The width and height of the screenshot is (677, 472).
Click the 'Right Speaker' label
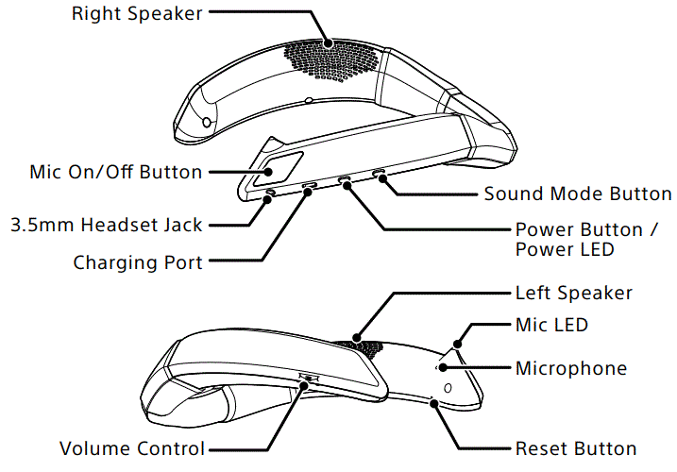[x=138, y=14]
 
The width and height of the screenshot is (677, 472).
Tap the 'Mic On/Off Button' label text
[x=116, y=172]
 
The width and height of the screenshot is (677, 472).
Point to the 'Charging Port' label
[x=138, y=262]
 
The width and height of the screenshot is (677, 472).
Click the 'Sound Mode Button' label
[x=578, y=194]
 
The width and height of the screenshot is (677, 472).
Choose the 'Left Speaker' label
[x=573, y=294]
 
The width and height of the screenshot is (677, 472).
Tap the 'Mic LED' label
[x=551, y=325]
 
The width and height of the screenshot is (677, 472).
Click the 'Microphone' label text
[x=570, y=367]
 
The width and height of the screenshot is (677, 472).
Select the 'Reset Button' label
[x=576, y=448]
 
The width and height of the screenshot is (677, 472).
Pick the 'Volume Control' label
[x=132, y=448]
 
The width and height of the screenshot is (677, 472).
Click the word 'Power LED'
[x=565, y=250]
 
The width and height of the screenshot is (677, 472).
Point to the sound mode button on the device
[x=380, y=175]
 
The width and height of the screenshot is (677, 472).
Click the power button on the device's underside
[x=345, y=179]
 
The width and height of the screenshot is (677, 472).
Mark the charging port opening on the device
[x=310, y=186]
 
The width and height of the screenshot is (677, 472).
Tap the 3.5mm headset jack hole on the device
[x=272, y=193]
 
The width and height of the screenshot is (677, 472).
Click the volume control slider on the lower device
[x=308, y=379]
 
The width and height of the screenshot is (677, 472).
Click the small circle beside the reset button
[x=447, y=387]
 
